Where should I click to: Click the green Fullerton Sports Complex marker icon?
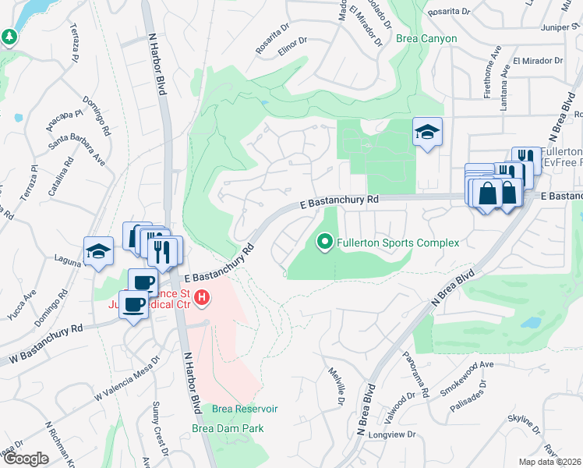click(326, 243)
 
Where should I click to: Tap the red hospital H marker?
click(203, 297)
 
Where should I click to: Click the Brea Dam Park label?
click(228, 428)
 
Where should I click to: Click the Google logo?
click(26, 459)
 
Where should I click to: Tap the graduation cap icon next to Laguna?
click(98, 251)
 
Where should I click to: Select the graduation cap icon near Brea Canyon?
click(426, 132)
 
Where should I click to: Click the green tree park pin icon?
click(9, 36)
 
